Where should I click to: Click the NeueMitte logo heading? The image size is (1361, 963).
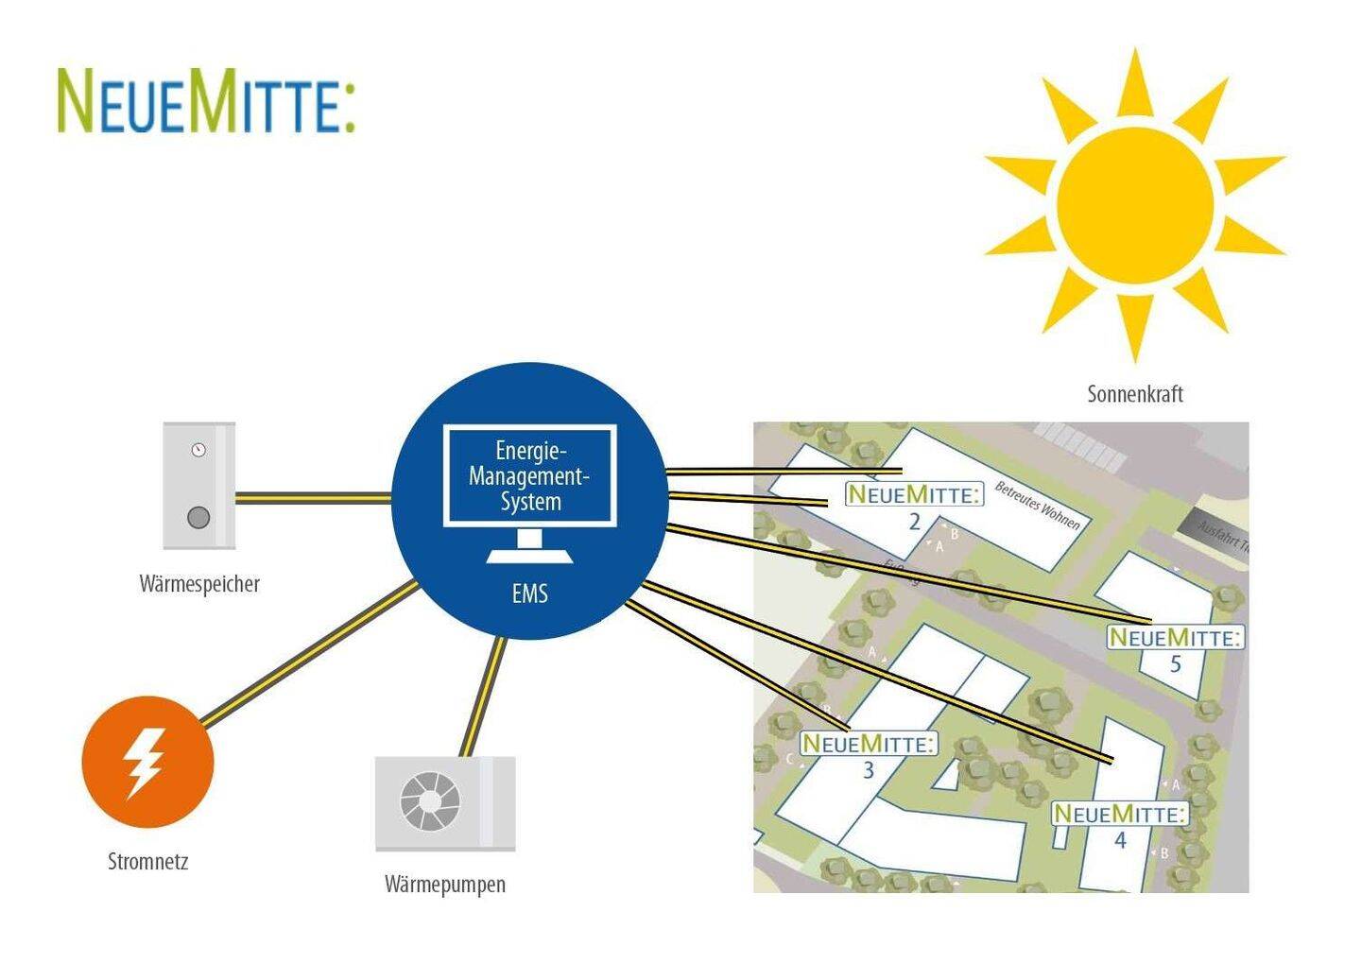206,100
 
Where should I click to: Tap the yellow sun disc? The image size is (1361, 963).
1134,200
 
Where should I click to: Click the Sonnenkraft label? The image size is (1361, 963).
1134,394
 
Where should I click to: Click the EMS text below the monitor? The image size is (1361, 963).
530,594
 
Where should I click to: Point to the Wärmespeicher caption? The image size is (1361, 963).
199,584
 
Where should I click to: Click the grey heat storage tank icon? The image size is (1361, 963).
198,486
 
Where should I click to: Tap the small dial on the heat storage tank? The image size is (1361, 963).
198,450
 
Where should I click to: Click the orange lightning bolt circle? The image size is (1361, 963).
147,762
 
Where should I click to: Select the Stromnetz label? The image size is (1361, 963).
148,862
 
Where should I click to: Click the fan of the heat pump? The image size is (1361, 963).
430,802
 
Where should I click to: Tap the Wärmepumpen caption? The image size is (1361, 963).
445,885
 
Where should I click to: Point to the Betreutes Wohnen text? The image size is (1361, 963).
1037,506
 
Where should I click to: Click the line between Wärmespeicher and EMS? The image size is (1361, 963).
312,497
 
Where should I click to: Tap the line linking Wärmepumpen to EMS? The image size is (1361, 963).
482,697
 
